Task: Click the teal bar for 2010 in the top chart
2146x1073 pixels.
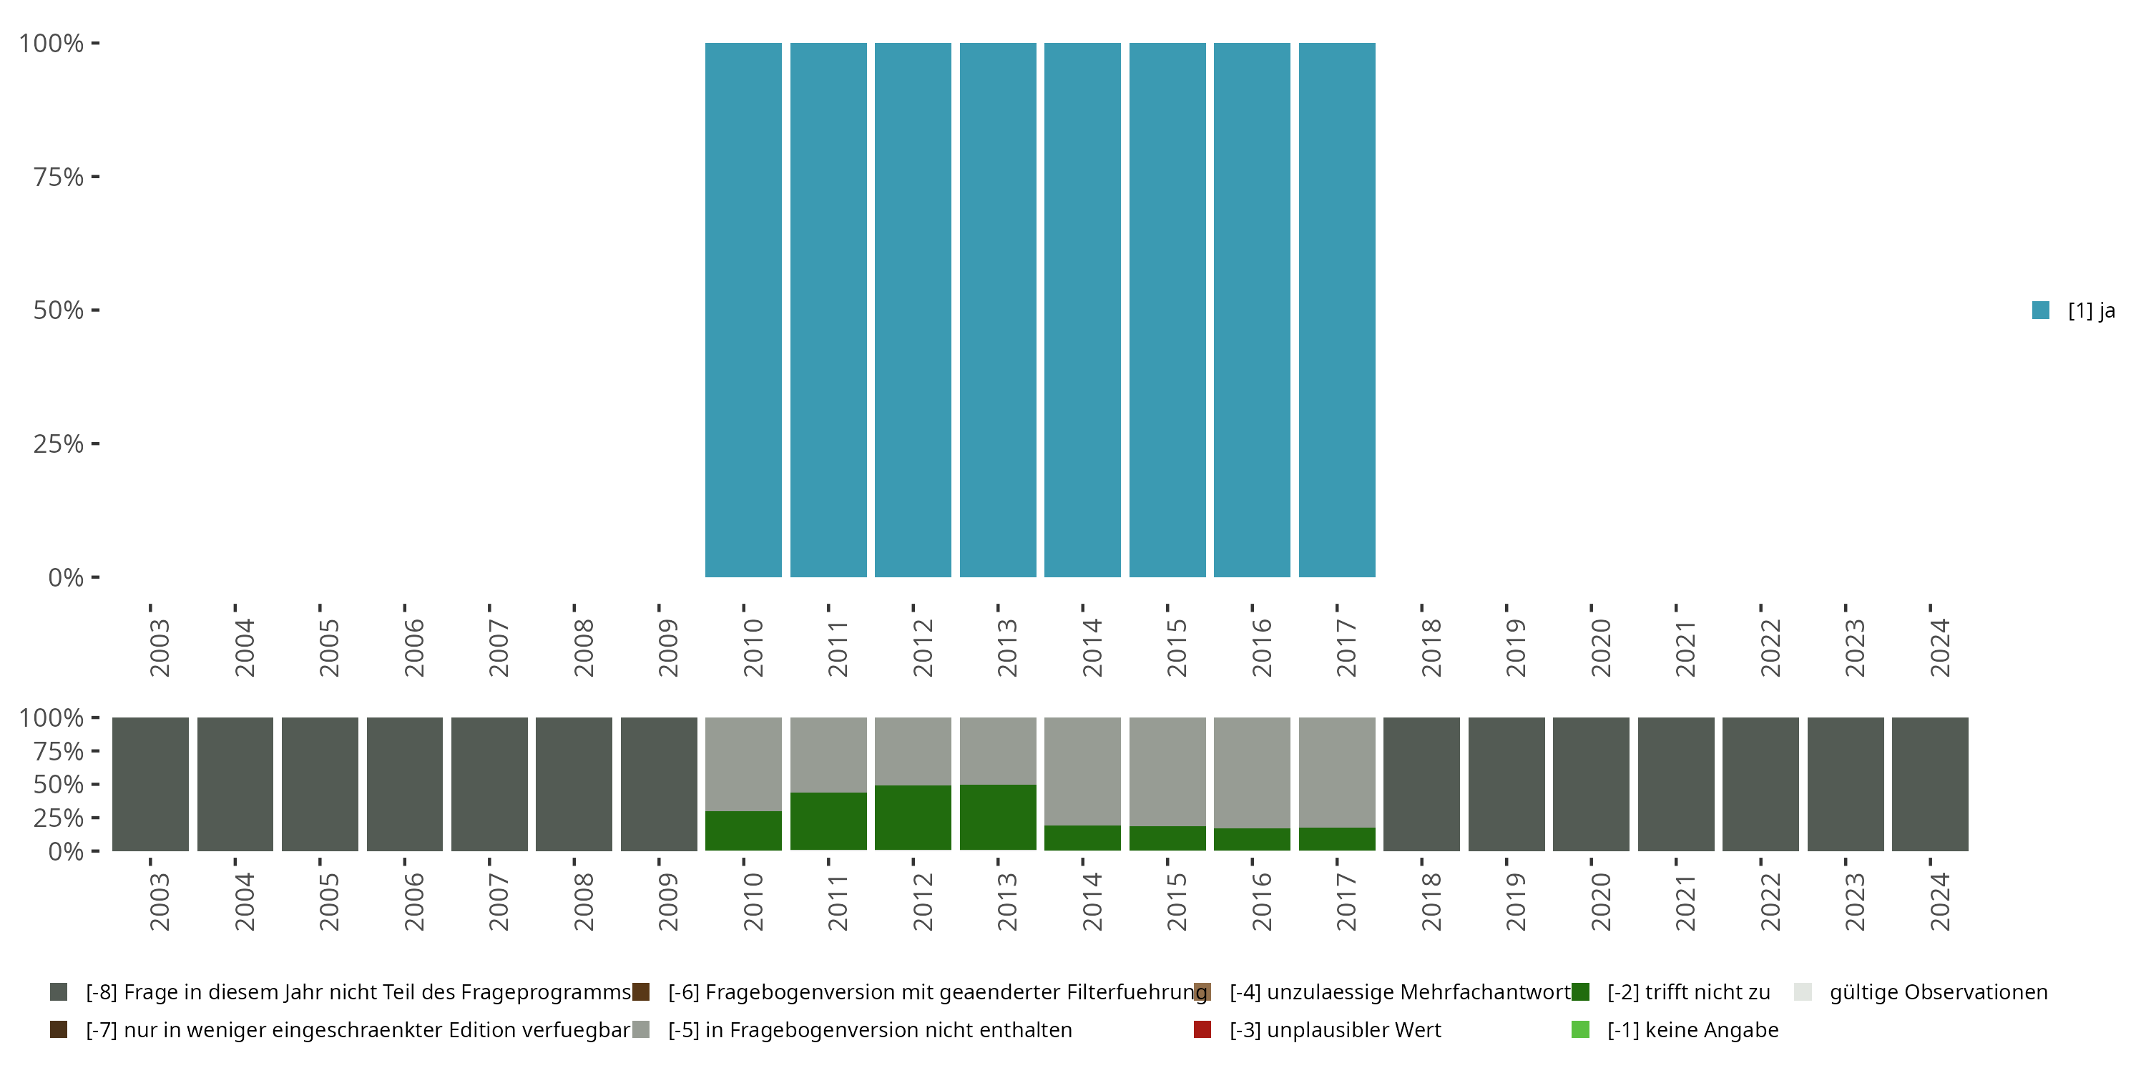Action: pyautogui.click(x=743, y=310)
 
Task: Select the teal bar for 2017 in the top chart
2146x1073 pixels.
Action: pyautogui.click(x=1336, y=310)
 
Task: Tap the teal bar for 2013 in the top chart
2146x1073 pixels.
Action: pyautogui.click(x=997, y=310)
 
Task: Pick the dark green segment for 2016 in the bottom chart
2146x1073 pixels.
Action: pyautogui.click(x=1251, y=839)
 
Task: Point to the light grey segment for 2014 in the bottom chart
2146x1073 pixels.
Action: pyautogui.click(x=1082, y=770)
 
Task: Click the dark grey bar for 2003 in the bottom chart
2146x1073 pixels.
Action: pyautogui.click(x=150, y=784)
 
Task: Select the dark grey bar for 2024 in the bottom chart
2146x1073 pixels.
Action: pyautogui.click(x=1929, y=784)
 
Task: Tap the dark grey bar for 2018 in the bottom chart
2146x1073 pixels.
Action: pyautogui.click(x=1421, y=784)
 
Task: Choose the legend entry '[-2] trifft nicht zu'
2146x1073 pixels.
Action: pyautogui.click(x=1687, y=992)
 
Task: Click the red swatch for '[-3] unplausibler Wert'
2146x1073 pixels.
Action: pyautogui.click(x=1202, y=1029)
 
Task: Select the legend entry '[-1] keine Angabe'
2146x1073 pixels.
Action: pyautogui.click(x=1692, y=1029)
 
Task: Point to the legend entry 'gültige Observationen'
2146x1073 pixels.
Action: pyautogui.click(x=1938, y=992)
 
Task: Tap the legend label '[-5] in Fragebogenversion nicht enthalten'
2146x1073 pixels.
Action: pyautogui.click(x=869, y=1029)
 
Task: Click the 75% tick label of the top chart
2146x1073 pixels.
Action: pyautogui.click(x=59, y=177)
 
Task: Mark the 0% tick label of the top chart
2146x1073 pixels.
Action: pyautogui.click(x=65, y=577)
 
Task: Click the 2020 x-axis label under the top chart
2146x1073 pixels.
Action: pyautogui.click(x=1600, y=647)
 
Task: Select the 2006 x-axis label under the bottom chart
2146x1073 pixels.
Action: pyautogui.click(x=414, y=901)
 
